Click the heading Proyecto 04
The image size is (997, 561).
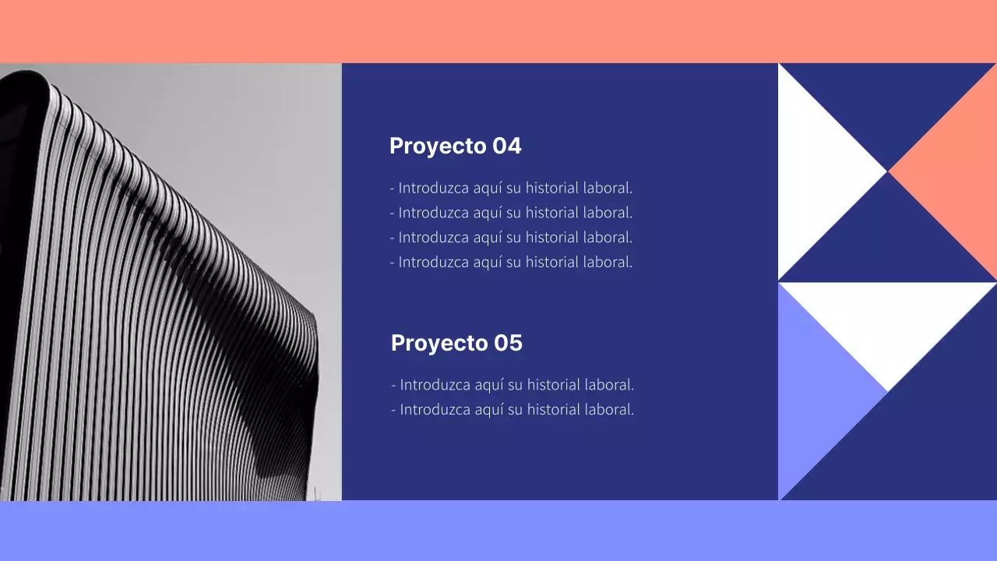(455, 146)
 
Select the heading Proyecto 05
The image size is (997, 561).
(456, 343)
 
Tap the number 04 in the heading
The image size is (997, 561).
(507, 146)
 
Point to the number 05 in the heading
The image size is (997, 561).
(508, 343)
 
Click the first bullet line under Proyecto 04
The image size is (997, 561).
(511, 188)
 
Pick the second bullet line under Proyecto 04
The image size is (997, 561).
(511, 212)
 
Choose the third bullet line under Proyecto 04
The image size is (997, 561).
(511, 237)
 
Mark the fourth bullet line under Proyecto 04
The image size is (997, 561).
(511, 262)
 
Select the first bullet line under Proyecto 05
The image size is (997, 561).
(513, 384)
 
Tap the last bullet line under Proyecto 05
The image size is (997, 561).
(513, 409)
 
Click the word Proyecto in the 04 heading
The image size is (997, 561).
(438, 146)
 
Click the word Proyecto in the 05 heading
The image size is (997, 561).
(439, 344)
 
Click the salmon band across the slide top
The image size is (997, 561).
(498, 31)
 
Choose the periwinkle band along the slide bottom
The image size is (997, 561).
(498, 531)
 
